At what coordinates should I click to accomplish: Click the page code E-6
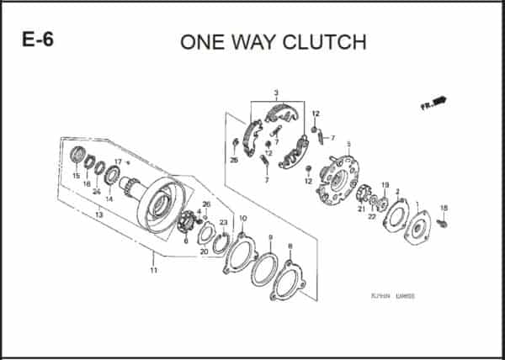click(35, 41)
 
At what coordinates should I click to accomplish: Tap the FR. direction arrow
click(434, 103)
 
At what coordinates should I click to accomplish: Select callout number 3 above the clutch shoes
click(275, 92)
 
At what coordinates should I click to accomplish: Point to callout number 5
click(348, 144)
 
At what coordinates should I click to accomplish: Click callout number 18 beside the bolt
click(444, 208)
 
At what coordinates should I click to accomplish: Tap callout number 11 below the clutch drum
click(153, 270)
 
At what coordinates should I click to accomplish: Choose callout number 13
click(98, 215)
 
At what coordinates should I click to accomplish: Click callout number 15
click(76, 177)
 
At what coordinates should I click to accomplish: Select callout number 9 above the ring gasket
click(270, 238)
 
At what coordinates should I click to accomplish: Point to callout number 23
click(223, 222)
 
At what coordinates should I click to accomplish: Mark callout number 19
click(385, 185)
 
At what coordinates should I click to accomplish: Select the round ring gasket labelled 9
click(263, 268)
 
